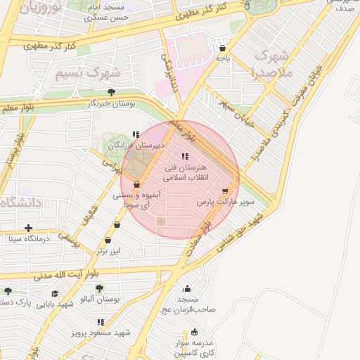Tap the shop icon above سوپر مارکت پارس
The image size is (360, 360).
tap(225, 191)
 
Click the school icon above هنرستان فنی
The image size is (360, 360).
tap(184, 157)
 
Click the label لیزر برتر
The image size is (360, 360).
tap(110, 250)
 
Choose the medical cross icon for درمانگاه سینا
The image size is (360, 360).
tap(28, 228)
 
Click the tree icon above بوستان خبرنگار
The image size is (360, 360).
tap(110, 92)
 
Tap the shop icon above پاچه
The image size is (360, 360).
tap(222, 49)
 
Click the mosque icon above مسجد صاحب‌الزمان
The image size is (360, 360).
tap(187, 288)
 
